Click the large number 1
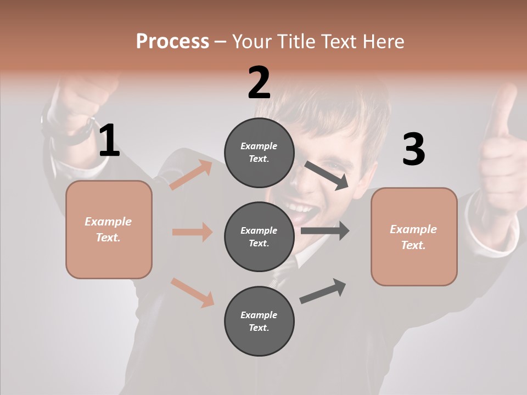pyautogui.click(x=109, y=141)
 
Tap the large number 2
pyautogui.click(x=259, y=83)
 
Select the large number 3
pyautogui.click(x=413, y=150)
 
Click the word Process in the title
pyautogui.click(x=172, y=41)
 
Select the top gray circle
pyautogui.click(x=259, y=153)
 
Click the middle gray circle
pyautogui.click(x=259, y=237)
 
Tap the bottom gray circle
pyautogui.click(x=259, y=321)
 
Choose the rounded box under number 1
pyautogui.click(x=109, y=229)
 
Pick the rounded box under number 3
pyautogui.click(x=414, y=236)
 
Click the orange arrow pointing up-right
pyautogui.click(x=191, y=175)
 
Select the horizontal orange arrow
pyautogui.click(x=192, y=232)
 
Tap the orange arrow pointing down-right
pyautogui.click(x=193, y=292)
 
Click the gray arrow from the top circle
pyautogui.click(x=327, y=175)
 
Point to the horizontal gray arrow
pyautogui.click(x=325, y=230)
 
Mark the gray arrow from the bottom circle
pyautogui.click(x=323, y=291)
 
